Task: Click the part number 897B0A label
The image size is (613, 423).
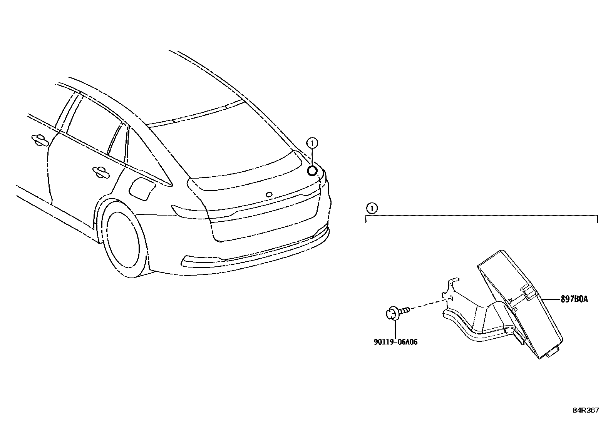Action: coord(574,299)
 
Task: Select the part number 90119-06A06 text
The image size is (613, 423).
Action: coord(395,342)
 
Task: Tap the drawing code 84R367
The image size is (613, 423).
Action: coord(586,410)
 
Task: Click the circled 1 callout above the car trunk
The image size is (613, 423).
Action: coord(312,143)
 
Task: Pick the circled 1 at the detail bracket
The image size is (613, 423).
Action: coord(371,209)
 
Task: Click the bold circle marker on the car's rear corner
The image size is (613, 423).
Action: coord(312,170)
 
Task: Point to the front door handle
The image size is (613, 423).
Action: coord(39,140)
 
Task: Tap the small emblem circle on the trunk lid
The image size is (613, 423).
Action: coord(269,194)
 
